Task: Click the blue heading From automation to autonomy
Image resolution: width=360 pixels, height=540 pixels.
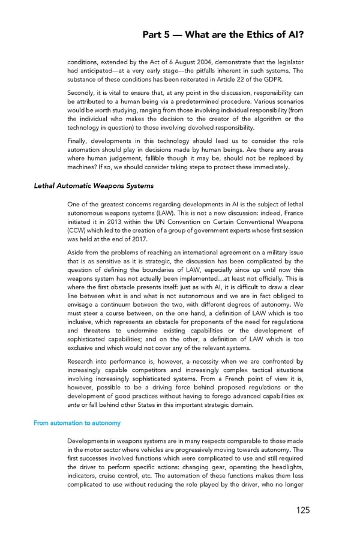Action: click(x=77, y=423)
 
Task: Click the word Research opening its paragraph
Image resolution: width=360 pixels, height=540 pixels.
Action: click(x=84, y=361)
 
